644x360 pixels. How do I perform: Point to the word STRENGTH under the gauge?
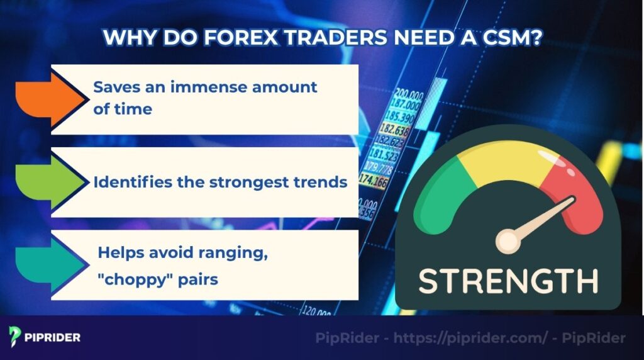point(508,281)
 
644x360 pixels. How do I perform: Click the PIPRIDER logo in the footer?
point(45,337)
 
